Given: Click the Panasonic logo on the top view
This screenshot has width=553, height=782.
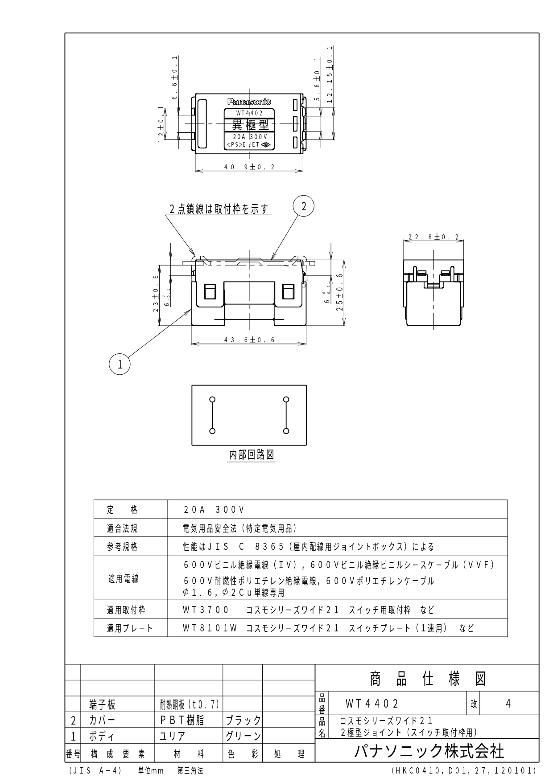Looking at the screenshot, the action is click(x=249, y=102).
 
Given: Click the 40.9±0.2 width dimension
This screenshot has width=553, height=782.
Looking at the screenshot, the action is click(x=249, y=167).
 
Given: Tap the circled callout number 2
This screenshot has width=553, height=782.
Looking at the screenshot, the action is click(x=303, y=206).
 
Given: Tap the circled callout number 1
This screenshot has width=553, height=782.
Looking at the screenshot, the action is click(x=120, y=364).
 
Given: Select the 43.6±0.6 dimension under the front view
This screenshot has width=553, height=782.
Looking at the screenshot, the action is click(x=249, y=340).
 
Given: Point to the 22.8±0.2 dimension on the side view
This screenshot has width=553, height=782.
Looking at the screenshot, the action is click(x=433, y=237).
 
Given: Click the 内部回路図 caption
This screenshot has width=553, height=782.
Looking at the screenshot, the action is click(x=251, y=454).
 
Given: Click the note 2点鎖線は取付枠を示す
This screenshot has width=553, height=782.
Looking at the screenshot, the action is click(x=219, y=209).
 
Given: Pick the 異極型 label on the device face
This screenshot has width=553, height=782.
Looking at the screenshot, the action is click(x=249, y=125).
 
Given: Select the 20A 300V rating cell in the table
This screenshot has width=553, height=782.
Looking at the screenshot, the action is click(x=214, y=509).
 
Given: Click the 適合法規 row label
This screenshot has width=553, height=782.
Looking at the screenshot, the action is click(x=122, y=528).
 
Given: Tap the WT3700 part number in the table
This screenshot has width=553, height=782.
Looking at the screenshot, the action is click(x=206, y=610).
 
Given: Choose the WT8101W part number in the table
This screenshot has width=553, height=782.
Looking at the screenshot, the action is click(x=209, y=628).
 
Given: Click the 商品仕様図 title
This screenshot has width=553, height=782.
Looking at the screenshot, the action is click(x=427, y=679).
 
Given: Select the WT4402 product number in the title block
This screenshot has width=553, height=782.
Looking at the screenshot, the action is click(x=372, y=704).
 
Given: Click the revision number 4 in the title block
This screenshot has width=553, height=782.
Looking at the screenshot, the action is click(x=508, y=704).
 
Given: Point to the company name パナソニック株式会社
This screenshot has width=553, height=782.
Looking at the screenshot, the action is click(x=429, y=752).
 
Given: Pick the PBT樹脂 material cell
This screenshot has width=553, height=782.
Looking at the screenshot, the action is click(x=182, y=721).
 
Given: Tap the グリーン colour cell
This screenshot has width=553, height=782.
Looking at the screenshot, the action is click(x=243, y=736).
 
